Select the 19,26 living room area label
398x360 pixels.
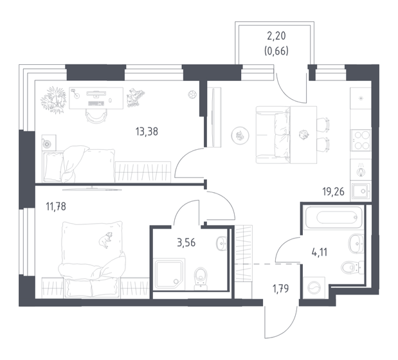334,190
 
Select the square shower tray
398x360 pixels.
169,275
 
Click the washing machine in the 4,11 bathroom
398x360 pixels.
315,287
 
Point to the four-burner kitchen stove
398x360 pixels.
359,139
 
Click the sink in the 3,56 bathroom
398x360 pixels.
222,242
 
